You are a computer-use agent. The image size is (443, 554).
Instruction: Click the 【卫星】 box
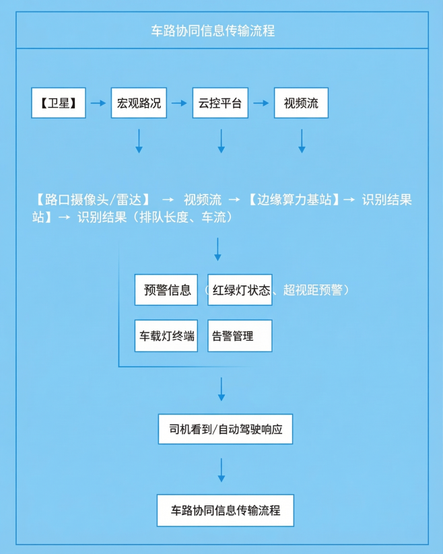[59, 103]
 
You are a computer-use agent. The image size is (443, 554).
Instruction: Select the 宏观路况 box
[139, 103]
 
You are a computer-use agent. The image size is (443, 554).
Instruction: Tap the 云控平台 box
[220, 103]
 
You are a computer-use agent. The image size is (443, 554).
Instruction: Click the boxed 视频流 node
[301, 103]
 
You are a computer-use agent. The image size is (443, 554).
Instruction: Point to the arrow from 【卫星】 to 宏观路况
[98, 103]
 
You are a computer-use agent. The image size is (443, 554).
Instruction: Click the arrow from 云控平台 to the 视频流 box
[261, 103]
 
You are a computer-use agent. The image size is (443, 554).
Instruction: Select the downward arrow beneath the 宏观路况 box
[139, 141]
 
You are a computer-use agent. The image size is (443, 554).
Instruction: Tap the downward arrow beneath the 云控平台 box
[221, 141]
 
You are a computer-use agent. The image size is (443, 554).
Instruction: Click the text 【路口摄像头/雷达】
[91, 200]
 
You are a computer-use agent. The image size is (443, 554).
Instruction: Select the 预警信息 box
[167, 290]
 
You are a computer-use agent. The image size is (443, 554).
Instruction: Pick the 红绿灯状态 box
[240, 290]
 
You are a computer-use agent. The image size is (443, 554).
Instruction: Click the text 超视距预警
[313, 290]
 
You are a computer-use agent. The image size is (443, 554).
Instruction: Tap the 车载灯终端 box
[166, 336]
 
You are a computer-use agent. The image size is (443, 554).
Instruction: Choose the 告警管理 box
[240, 336]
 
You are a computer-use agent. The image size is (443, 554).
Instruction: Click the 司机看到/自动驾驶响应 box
[226, 429]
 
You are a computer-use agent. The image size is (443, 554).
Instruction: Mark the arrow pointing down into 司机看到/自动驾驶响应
[221, 389]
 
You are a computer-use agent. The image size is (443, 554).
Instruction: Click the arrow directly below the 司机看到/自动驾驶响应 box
[221, 469]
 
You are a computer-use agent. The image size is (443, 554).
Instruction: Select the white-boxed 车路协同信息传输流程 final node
[226, 510]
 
